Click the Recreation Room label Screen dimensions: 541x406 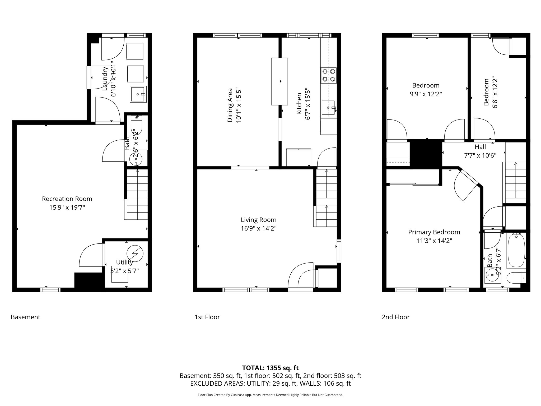67,199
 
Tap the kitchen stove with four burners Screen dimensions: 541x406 329,75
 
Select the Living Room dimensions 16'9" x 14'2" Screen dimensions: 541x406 258,228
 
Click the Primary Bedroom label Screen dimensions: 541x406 434,232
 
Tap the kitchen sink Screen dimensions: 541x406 328,108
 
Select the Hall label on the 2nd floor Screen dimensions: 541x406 480,147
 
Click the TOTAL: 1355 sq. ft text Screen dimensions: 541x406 270,368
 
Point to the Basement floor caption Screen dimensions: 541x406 26,317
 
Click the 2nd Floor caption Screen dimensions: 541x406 395,317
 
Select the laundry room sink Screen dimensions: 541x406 138,94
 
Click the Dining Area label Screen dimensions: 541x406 230,105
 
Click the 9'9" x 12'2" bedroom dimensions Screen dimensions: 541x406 426,94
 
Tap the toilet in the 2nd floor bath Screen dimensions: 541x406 515,278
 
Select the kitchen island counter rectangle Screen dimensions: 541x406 279,81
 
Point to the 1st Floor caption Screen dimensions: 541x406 207,317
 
